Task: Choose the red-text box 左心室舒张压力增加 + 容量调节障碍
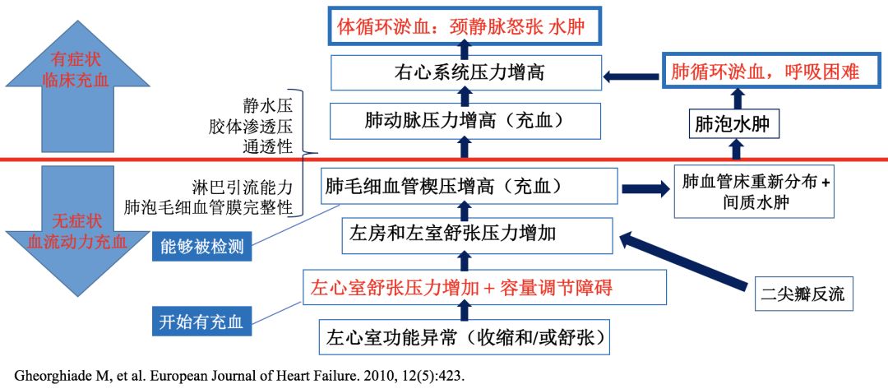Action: pos(461,288)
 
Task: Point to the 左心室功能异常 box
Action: pos(463,337)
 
